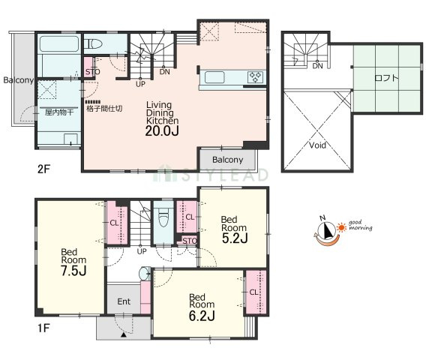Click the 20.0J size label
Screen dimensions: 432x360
(x=162, y=131)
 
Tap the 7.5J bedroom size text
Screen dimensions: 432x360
(x=73, y=271)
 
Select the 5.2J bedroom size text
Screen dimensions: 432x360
(x=235, y=238)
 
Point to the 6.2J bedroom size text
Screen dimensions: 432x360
(x=202, y=316)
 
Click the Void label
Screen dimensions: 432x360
(x=317, y=145)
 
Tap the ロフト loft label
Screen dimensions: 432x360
(x=386, y=78)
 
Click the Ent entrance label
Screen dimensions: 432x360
(x=124, y=301)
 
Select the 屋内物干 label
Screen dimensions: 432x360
(x=59, y=112)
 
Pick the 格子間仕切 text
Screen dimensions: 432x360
(x=104, y=108)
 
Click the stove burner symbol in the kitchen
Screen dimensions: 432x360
(x=256, y=77)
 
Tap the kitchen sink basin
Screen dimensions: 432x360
(x=214, y=77)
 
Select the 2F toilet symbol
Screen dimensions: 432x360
(x=93, y=43)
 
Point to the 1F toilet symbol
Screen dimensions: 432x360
(x=163, y=217)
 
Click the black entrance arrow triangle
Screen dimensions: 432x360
(x=124, y=335)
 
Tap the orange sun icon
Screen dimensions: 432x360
(x=342, y=227)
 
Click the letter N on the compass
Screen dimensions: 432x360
(x=322, y=218)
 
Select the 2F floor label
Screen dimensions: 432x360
(x=43, y=169)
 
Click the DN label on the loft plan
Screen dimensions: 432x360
(x=317, y=66)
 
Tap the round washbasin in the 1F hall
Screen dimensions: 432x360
(x=145, y=274)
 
